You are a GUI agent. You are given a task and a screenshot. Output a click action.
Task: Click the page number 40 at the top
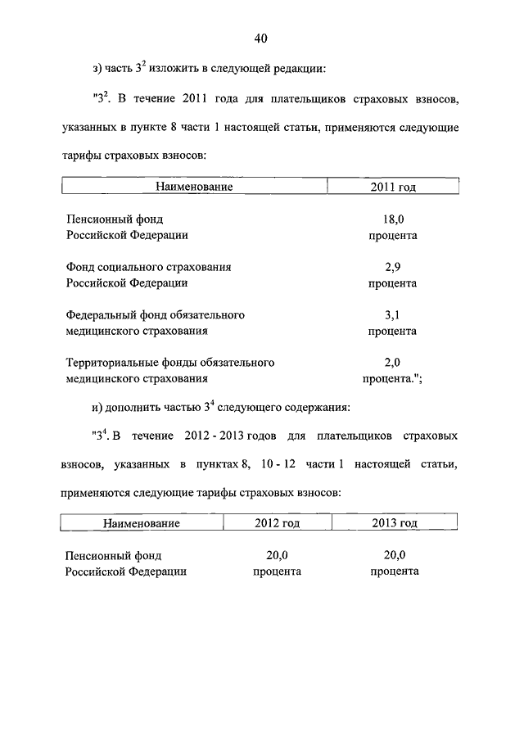pyautogui.click(x=261, y=38)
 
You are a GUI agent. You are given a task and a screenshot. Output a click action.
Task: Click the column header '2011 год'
pyautogui.click(x=393, y=187)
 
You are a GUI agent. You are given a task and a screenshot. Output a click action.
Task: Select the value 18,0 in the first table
pyautogui.click(x=393, y=219)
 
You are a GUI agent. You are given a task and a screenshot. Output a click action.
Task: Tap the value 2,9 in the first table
pyautogui.click(x=393, y=267)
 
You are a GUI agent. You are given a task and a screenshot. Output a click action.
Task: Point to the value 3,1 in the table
pyautogui.click(x=393, y=314)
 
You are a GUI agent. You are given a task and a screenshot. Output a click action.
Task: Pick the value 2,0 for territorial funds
pyautogui.click(x=393, y=362)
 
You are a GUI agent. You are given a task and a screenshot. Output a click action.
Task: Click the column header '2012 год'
pyautogui.click(x=278, y=522)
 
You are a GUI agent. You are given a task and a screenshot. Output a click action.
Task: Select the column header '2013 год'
pyautogui.click(x=395, y=522)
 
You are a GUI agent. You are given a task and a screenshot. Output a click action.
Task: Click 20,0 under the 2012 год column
pyautogui.click(x=278, y=555)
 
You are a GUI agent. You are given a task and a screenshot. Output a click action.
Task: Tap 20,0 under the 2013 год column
pyautogui.click(x=395, y=555)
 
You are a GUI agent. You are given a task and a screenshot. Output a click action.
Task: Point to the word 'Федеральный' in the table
pyautogui.click(x=98, y=314)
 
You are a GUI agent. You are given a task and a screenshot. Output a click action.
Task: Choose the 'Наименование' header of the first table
pyautogui.click(x=195, y=187)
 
